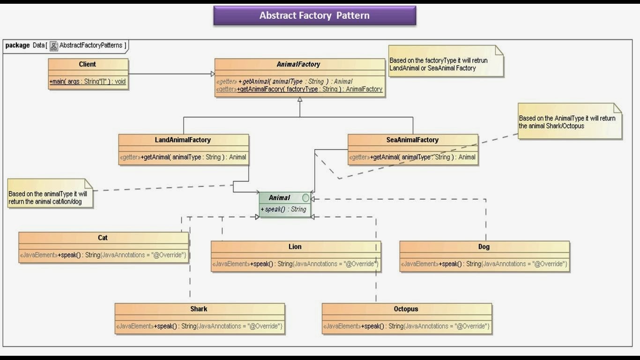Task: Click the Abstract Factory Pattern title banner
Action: pyautogui.click(x=314, y=15)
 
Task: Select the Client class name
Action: pyautogui.click(x=87, y=64)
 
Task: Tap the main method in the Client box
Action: pyautogui.click(x=88, y=82)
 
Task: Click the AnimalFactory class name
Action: pyautogui.click(x=298, y=64)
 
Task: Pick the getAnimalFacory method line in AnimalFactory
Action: pyautogui.click(x=299, y=89)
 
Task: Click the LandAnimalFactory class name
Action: pyautogui.click(x=183, y=140)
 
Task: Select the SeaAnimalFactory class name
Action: pyautogui.click(x=412, y=140)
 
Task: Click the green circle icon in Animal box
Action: pyautogui.click(x=305, y=198)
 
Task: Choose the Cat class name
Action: pyautogui.click(x=103, y=238)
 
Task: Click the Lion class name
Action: pyautogui.click(x=295, y=247)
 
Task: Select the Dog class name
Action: pyautogui.click(x=484, y=247)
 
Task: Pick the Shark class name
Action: pyautogui.click(x=199, y=309)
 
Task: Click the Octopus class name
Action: pyautogui.click(x=406, y=309)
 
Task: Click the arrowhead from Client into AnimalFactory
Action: pyautogui.click(x=212, y=74)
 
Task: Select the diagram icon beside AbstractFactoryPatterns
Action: pyautogui.click(x=54, y=46)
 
